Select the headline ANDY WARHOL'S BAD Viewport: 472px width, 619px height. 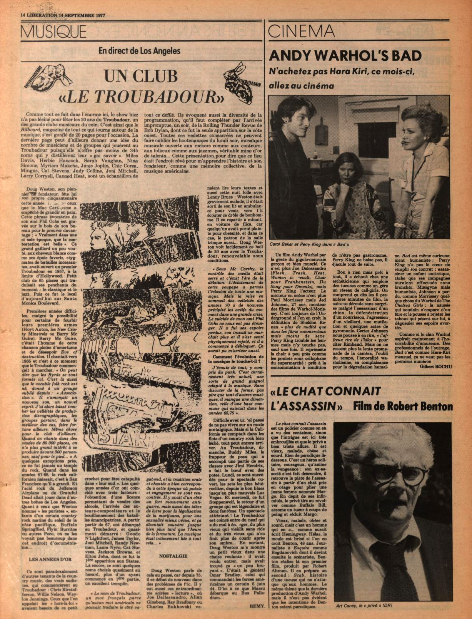pyautogui.click(x=345, y=56)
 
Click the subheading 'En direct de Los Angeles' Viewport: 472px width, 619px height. pyautogui.click(x=139, y=50)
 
